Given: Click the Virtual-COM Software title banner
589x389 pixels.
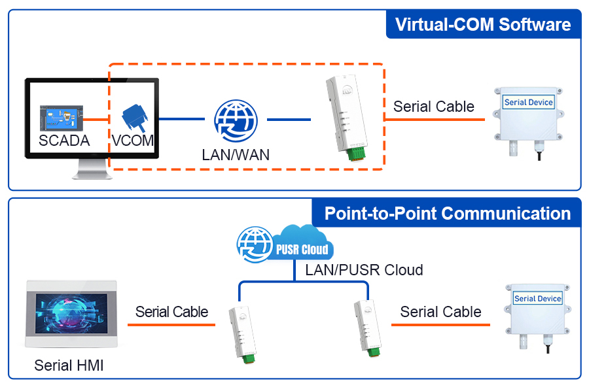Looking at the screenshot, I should [x=483, y=25].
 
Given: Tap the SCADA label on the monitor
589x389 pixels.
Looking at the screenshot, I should [x=64, y=140].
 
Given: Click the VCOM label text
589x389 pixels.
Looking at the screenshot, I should [x=132, y=141].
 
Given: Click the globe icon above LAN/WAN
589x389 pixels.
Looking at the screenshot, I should [x=236, y=120].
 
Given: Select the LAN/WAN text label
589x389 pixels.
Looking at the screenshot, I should [x=236, y=155].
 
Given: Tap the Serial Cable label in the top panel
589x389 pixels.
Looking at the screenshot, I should [x=433, y=107].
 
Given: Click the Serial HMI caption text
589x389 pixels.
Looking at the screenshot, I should [x=69, y=365].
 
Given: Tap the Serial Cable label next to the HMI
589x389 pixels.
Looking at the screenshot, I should [x=171, y=312].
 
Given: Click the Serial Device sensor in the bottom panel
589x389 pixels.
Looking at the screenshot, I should [x=538, y=314].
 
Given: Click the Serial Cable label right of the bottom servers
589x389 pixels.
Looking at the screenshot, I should [x=440, y=312].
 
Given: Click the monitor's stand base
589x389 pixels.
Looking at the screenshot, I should [x=92, y=173].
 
